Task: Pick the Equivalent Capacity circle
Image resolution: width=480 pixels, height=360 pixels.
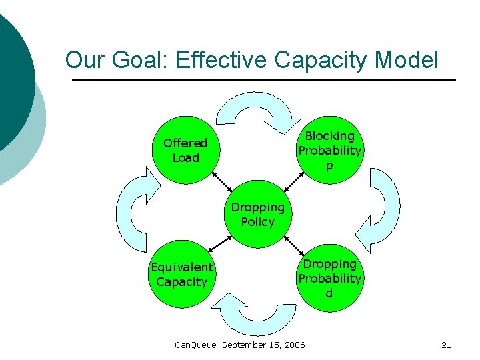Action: [182, 274]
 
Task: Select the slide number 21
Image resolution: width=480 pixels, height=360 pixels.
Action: [447, 345]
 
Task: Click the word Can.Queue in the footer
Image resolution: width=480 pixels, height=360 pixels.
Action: [195, 345]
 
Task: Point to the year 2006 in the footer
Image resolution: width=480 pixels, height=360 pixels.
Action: [294, 345]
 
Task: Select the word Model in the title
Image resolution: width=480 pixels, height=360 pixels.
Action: [407, 61]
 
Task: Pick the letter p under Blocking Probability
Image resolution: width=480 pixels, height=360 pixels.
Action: [329, 167]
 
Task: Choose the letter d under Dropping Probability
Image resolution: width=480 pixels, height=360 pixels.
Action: [329, 293]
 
